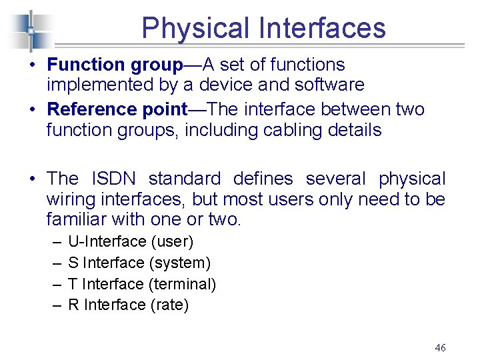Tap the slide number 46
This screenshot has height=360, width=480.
click(440, 347)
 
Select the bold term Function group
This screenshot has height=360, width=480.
click(115, 65)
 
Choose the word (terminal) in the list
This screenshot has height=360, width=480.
click(183, 284)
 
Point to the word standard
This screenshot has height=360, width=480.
click(184, 179)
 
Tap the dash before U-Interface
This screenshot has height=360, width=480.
click(54, 241)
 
